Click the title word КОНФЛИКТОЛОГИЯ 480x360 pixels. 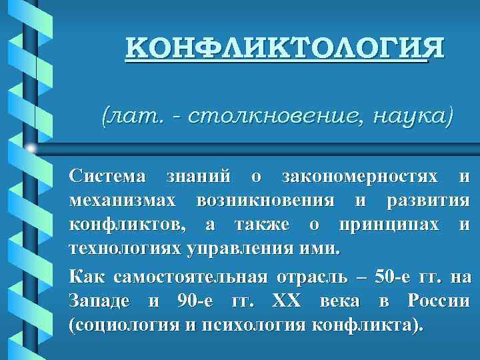click(x=284, y=49)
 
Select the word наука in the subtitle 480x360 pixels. click(x=413, y=116)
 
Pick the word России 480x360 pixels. click(x=437, y=301)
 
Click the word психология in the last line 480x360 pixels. click(x=259, y=326)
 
